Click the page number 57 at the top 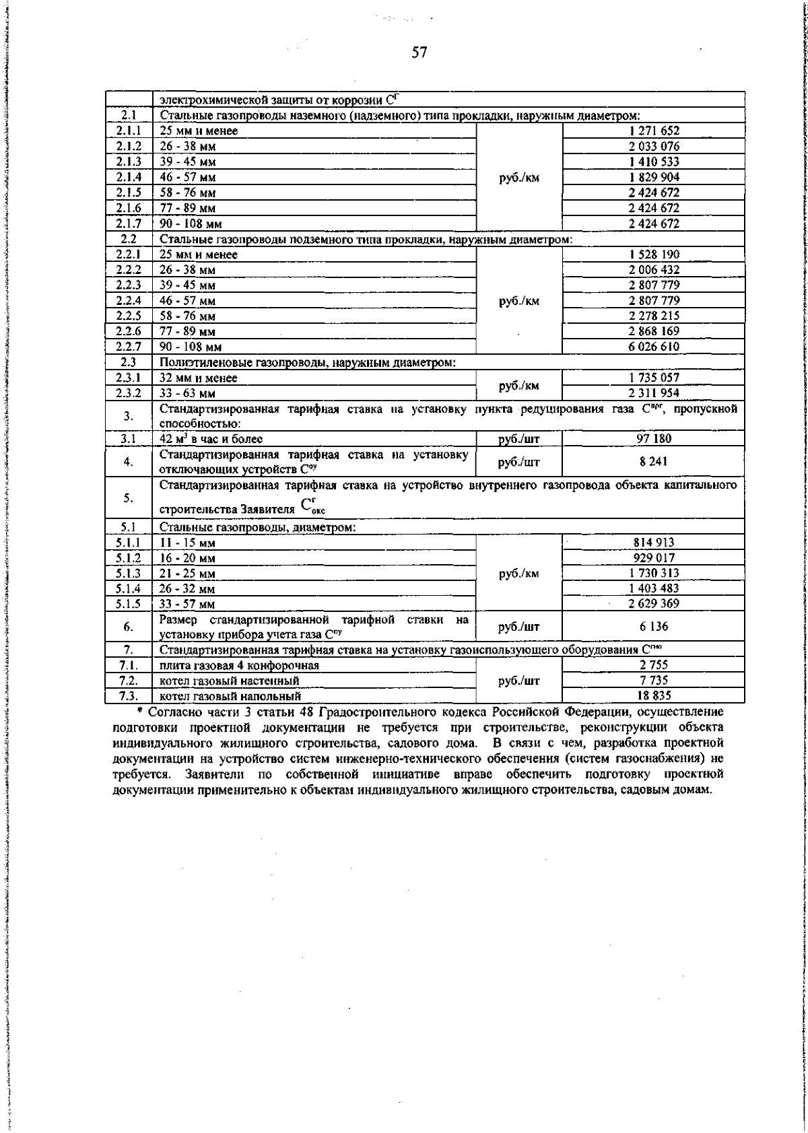pyautogui.click(x=419, y=53)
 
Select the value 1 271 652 pyautogui.click(x=654, y=131)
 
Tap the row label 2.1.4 pyautogui.click(x=129, y=177)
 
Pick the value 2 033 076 pyautogui.click(x=654, y=147)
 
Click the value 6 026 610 pyautogui.click(x=654, y=347)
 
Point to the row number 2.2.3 pyautogui.click(x=129, y=285)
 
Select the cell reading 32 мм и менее pyautogui.click(x=199, y=378)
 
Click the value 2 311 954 pyautogui.click(x=654, y=393)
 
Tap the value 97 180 pyautogui.click(x=654, y=439)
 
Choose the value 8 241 pyautogui.click(x=654, y=462)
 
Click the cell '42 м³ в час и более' pyautogui.click(x=211, y=439)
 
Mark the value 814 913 pyautogui.click(x=654, y=543)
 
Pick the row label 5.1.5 pyautogui.click(x=129, y=604)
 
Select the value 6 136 pyautogui.click(x=654, y=627)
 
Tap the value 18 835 pyautogui.click(x=654, y=696)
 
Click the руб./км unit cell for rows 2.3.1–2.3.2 pyautogui.click(x=519, y=386)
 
